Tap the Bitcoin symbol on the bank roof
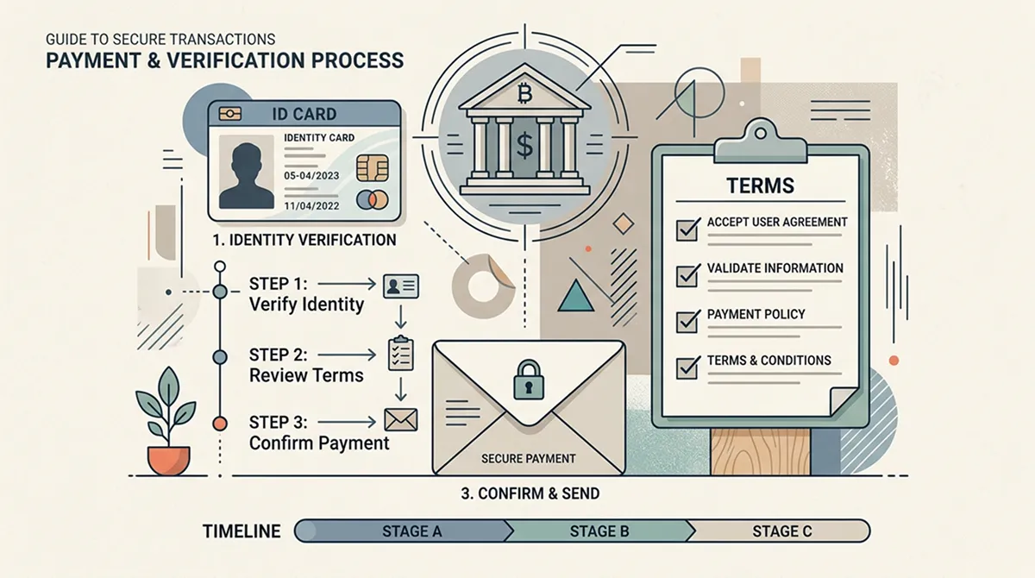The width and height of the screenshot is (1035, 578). (x=525, y=93)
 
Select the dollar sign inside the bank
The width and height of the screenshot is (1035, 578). (x=524, y=145)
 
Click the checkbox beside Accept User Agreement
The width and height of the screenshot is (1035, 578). (x=687, y=229)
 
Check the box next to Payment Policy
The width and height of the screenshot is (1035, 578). (x=687, y=322)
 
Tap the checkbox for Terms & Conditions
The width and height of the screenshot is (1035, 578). (x=687, y=368)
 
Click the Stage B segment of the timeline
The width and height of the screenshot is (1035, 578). (x=599, y=531)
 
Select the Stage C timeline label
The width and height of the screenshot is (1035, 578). (x=781, y=531)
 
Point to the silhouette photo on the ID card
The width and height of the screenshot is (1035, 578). (x=247, y=172)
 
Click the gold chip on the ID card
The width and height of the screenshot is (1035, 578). (x=373, y=168)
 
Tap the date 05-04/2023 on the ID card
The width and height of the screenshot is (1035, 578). (x=311, y=176)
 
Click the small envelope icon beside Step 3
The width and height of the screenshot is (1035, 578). (x=400, y=420)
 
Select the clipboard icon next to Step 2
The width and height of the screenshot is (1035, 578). (x=400, y=354)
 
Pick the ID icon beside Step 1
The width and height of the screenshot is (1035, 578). (x=400, y=286)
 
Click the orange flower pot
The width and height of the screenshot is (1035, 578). (x=169, y=461)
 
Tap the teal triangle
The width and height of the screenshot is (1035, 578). (x=576, y=297)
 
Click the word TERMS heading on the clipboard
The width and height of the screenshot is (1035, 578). (x=761, y=185)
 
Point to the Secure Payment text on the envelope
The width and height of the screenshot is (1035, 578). (x=529, y=459)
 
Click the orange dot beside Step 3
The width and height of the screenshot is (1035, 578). (x=220, y=424)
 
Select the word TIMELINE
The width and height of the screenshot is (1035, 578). (x=241, y=531)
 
